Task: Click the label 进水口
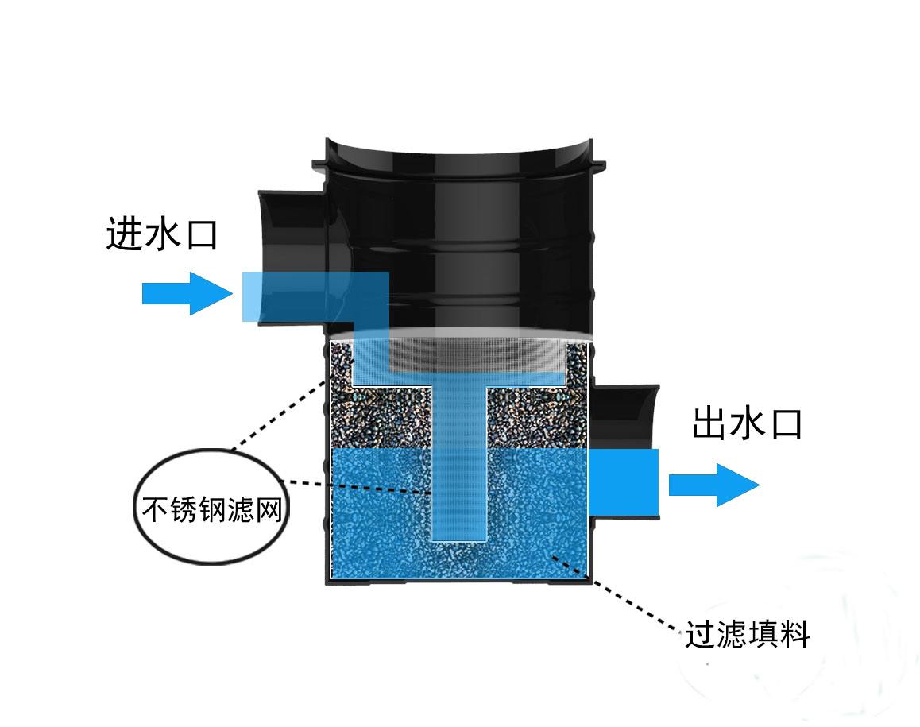[x=162, y=234]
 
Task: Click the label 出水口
[x=747, y=423]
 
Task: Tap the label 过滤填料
[x=748, y=634]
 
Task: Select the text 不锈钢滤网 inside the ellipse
[x=212, y=509]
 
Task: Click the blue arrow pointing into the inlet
[x=187, y=293]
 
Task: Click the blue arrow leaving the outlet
[x=714, y=485]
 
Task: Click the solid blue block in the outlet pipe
[x=623, y=481]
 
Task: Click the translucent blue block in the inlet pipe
[x=315, y=296]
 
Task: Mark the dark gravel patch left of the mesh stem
[x=381, y=417]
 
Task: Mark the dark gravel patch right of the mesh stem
[x=537, y=417]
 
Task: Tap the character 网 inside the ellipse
[x=270, y=509]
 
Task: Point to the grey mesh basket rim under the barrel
[x=459, y=352]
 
